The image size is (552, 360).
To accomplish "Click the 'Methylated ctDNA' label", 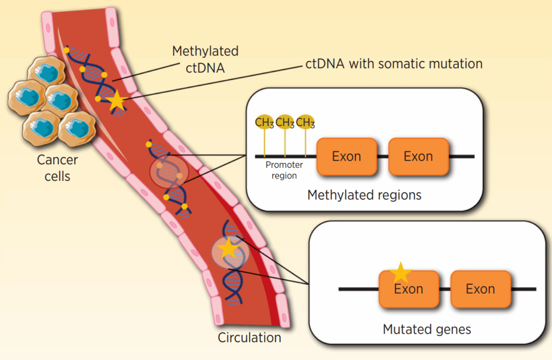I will (205, 59).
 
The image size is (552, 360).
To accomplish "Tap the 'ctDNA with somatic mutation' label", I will (394, 63).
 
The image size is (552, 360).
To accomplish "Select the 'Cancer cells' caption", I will (57, 168).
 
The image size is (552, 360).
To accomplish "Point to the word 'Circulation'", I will (249, 337).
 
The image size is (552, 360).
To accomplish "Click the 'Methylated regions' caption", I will (364, 195).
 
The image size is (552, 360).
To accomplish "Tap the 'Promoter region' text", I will (284, 170).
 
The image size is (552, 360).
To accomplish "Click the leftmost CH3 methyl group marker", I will (264, 122).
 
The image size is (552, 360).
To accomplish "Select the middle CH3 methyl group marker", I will (285, 122).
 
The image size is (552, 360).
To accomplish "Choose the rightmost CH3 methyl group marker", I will (305, 122).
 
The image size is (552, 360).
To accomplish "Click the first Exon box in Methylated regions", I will (346, 156).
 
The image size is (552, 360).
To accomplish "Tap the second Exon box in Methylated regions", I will (418, 156).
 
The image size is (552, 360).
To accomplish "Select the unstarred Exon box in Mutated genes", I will (480, 289).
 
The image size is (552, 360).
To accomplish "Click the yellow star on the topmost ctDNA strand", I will (116, 101).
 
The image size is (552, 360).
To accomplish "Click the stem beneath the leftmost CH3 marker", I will (264, 143).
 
